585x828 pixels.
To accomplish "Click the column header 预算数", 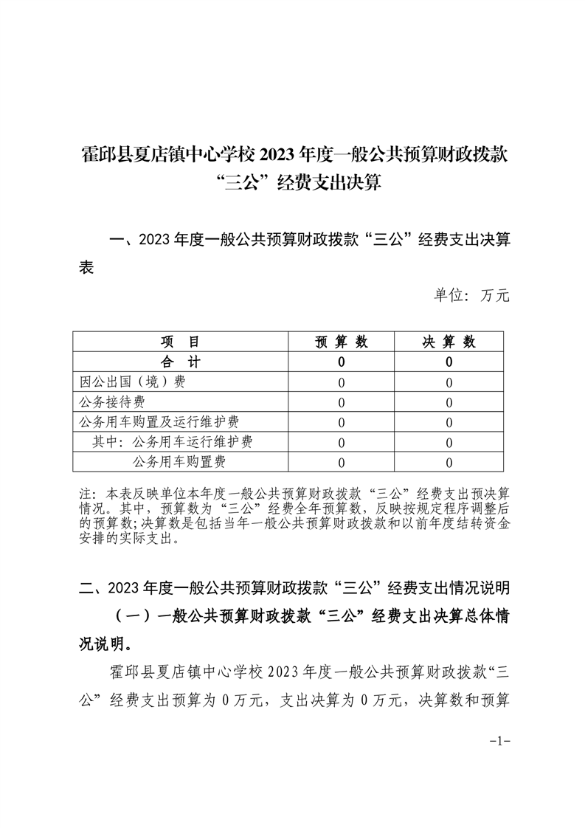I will pyautogui.click(x=342, y=342).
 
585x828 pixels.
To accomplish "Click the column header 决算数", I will pyautogui.click(x=449, y=342).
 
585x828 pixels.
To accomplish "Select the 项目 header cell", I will pyautogui.click(x=181, y=342).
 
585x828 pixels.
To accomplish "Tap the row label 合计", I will pyautogui.click(x=181, y=362).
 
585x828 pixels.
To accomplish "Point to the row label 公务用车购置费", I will pyautogui.click(x=179, y=462).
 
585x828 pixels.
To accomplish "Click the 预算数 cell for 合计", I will pyautogui.click(x=342, y=362).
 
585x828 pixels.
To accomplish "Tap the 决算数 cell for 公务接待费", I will pyautogui.click(x=449, y=402).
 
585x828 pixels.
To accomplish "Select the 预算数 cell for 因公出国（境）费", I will pyautogui.click(x=342, y=382).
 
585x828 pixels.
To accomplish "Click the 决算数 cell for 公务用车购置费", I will pyautogui.click(x=449, y=462).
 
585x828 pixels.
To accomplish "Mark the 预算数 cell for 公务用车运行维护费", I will pyautogui.click(x=342, y=442).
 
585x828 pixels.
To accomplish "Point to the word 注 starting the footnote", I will pyautogui.click(x=83, y=493).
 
